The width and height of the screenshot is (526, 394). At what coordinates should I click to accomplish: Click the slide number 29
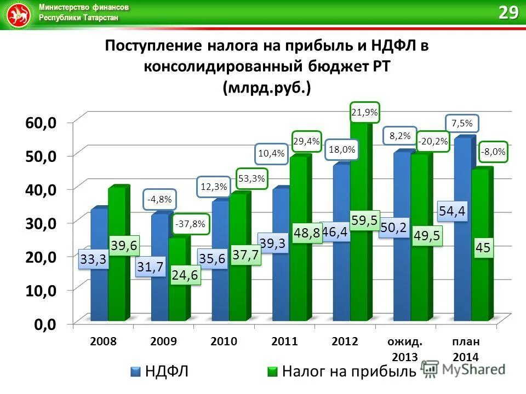[x=508, y=13]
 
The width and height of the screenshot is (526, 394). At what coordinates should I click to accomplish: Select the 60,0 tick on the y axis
[x=41, y=123]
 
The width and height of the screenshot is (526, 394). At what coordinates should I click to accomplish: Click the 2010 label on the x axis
[x=224, y=342]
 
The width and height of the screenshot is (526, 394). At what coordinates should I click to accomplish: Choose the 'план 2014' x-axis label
[x=466, y=349]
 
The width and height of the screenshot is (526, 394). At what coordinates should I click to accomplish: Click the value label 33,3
[x=93, y=260]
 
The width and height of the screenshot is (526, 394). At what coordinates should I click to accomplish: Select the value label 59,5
[x=364, y=220]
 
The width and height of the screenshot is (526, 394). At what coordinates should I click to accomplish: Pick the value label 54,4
[x=453, y=210]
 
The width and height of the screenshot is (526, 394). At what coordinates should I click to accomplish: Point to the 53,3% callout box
[x=251, y=178]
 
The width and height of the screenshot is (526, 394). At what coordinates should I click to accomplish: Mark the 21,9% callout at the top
[x=364, y=113]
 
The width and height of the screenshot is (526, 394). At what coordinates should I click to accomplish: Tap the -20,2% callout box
[x=433, y=142]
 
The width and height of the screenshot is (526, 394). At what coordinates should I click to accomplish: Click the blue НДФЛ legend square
[x=136, y=372]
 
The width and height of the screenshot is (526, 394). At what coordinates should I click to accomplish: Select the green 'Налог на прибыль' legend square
[x=272, y=372]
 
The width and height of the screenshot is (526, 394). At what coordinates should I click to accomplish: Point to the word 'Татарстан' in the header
[x=101, y=18]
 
